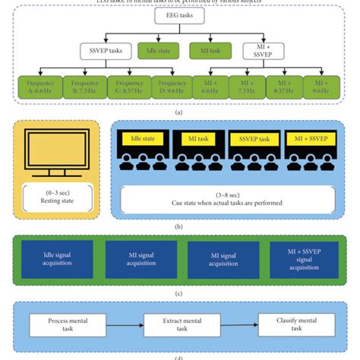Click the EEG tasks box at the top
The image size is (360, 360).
pos(179,16)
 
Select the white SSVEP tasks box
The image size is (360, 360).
pos(103,52)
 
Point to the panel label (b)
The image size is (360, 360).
pos(179,225)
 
